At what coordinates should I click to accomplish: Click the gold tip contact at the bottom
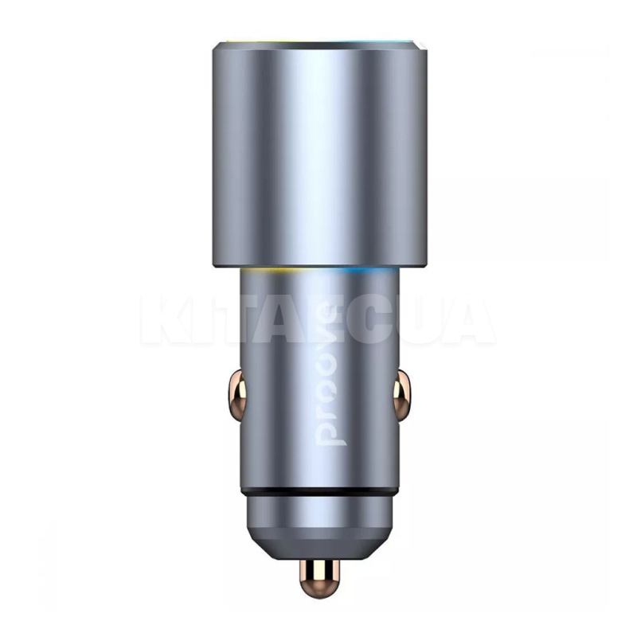pos(318,578)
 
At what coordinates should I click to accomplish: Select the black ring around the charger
pos(318,487)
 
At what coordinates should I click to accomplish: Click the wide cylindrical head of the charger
pos(318,151)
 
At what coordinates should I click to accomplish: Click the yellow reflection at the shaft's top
pos(267,272)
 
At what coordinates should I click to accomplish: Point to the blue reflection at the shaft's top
pos(366,272)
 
